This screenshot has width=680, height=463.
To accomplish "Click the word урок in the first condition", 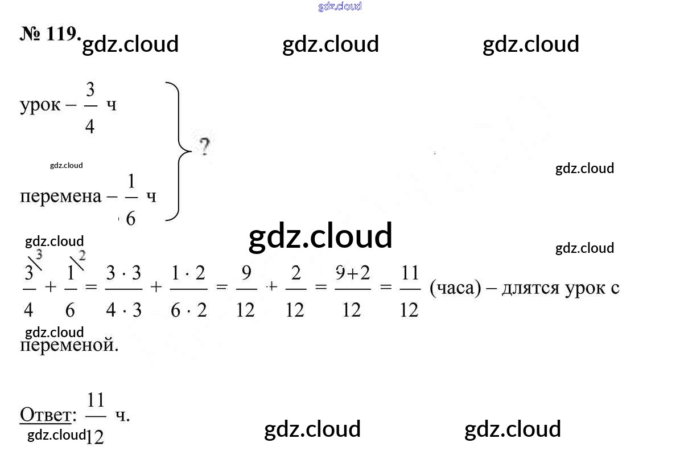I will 40,105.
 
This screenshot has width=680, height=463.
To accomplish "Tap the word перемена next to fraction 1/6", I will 60,196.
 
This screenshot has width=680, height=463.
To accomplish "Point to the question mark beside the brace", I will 204,147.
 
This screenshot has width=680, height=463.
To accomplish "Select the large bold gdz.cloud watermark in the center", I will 320,236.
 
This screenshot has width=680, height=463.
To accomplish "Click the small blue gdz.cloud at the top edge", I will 340,7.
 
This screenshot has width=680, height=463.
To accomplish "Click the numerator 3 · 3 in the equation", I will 123,273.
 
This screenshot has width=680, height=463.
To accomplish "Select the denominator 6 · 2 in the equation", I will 188,310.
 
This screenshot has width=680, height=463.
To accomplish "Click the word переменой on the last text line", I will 69,345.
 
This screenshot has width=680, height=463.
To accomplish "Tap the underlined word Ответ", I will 46,415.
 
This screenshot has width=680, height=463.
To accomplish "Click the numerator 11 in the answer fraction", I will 96,400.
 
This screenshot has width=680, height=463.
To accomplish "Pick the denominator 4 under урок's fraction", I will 90,126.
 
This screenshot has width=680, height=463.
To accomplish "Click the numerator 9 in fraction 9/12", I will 246,273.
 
